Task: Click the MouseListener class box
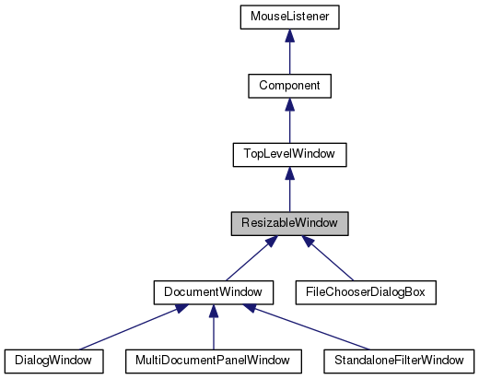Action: pos(289,17)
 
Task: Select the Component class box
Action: pos(289,86)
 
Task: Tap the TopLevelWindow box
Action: pos(289,155)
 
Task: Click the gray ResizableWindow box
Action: pos(289,223)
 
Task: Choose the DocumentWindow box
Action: pos(213,291)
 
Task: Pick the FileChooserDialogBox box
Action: pos(363,291)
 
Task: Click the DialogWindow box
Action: pos(53,360)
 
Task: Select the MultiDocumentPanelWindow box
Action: pos(213,360)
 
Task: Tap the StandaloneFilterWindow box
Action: pos(397,360)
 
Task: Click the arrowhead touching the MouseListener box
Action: pos(289,35)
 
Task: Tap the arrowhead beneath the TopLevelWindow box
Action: pos(289,173)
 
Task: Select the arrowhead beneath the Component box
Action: pos(289,104)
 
